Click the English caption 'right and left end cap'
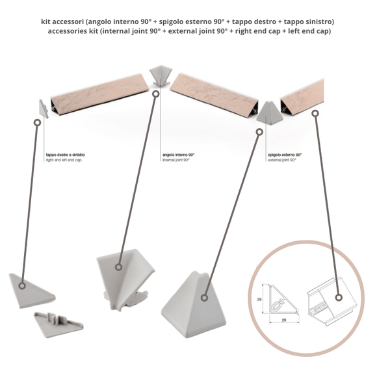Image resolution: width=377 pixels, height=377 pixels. coord(64,160)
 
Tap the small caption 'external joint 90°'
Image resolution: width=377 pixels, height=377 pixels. coord(282,160)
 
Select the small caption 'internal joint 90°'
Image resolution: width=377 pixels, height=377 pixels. coord(175,160)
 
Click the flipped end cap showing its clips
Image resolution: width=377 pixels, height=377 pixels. coord(58,323)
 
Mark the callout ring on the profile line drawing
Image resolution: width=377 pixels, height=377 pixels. coord(338,298)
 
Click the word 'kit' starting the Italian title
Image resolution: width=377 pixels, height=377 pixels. coord(47,21)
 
